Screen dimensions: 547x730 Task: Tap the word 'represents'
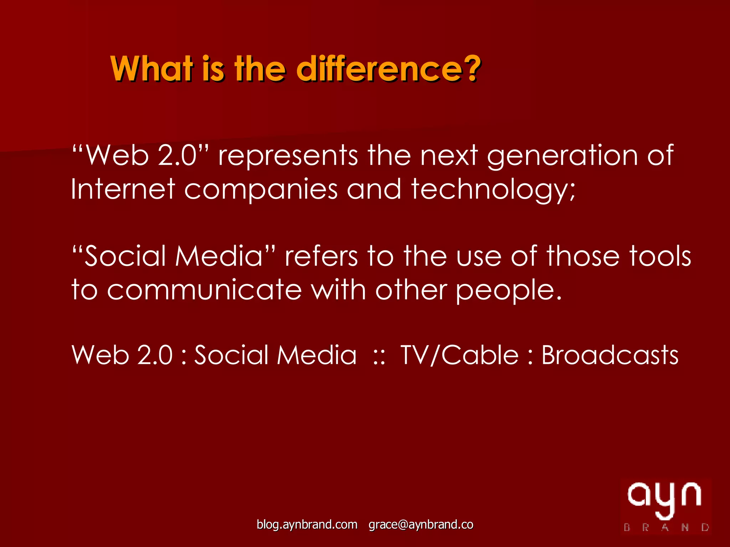tap(288, 156)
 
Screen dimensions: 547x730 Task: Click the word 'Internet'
tap(123, 189)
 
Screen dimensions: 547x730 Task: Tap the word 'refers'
tap(321, 256)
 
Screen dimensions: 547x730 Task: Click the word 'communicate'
tap(204, 290)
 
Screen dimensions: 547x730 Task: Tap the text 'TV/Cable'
tap(459, 355)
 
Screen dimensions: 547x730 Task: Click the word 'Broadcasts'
tap(610, 355)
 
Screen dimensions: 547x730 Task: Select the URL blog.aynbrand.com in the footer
tap(307, 525)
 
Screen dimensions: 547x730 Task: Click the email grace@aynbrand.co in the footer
tap(421, 525)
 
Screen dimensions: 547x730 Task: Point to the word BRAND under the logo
tap(666, 527)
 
